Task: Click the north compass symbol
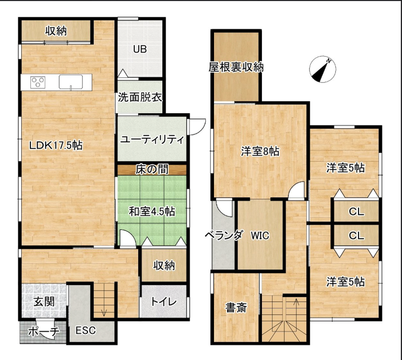pos(323,69)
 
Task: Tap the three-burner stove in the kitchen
pos(37,82)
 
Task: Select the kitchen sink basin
pos(71,82)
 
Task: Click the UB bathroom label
pos(140,49)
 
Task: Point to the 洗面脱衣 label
pos(140,97)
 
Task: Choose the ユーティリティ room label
pos(152,140)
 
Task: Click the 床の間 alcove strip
pos(152,170)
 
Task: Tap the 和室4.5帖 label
pos(152,212)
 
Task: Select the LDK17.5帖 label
pos(55,146)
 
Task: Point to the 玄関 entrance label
pos(44,302)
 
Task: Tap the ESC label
pos(86,330)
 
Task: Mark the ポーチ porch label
pos(43,332)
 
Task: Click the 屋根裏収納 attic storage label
pos(236,67)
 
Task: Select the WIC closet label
pos(260,235)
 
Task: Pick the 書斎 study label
pos(236,307)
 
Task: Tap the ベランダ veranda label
pos(224,235)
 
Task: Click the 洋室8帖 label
pos(260,151)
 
